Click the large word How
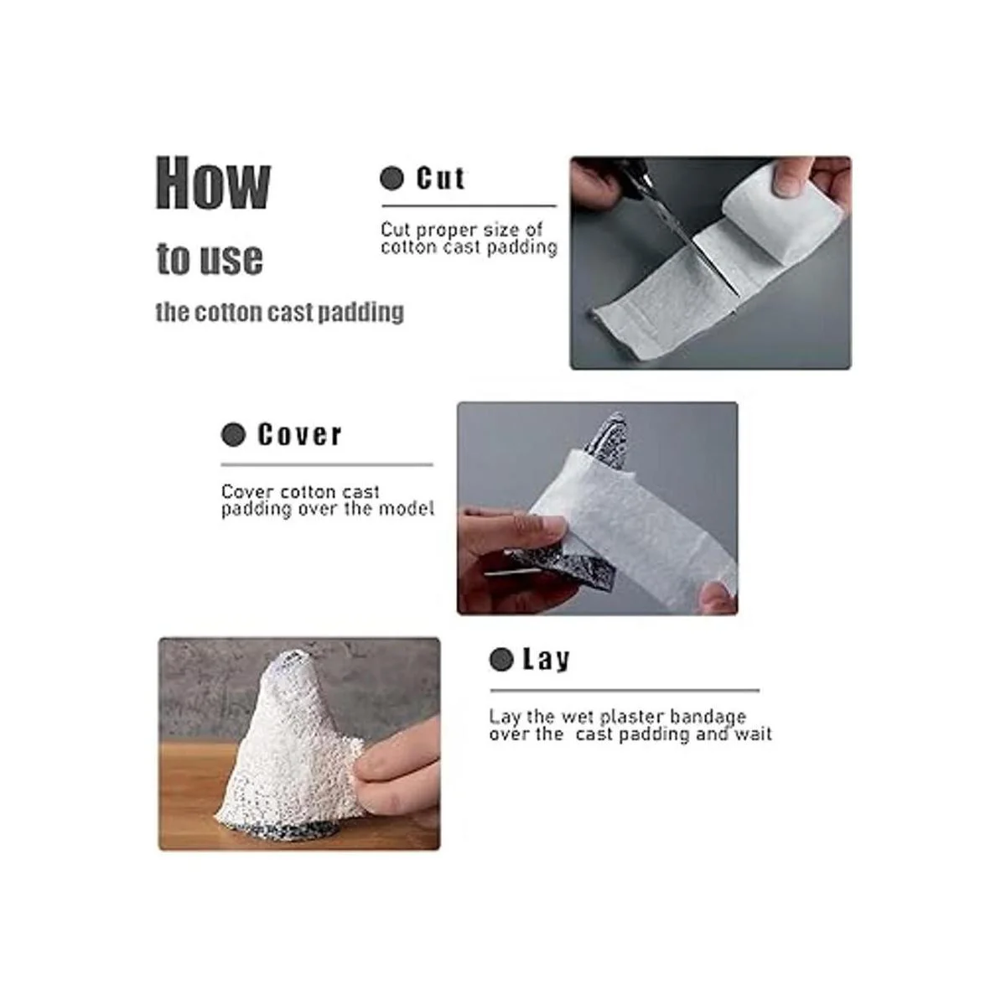[x=213, y=184]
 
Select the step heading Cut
[x=440, y=179]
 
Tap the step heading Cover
[x=299, y=434]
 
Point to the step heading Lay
[x=546, y=660]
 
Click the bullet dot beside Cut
[x=392, y=179]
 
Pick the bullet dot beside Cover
[x=233, y=435]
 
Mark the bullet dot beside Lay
[x=501, y=660]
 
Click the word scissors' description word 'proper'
[x=447, y=230]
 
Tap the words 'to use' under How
[x=210, y=259]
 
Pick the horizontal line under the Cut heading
[x=469, y=206]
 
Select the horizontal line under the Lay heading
[x=625, y=690]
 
